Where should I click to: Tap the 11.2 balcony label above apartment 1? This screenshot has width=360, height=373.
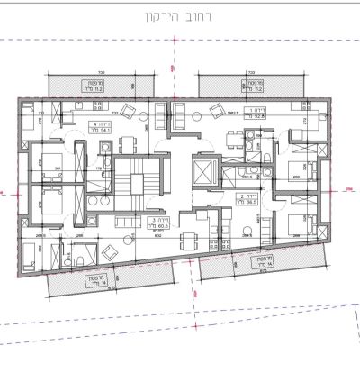254,88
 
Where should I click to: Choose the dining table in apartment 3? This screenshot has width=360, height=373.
188,239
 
